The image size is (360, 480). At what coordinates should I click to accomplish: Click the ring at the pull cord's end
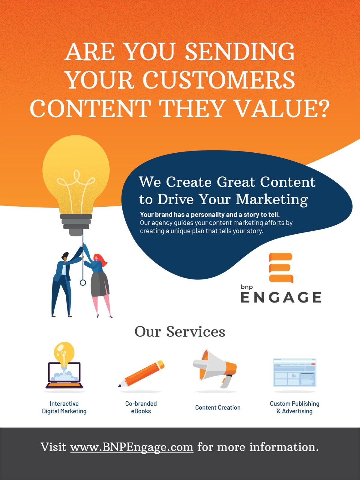(83, 283)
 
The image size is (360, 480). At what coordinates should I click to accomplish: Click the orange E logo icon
(281, 268)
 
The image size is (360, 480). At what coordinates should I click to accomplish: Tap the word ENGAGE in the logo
(281, 297)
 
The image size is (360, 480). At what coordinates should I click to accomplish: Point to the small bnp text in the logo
(247, 287)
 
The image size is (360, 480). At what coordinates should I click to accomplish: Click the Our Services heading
(180, 331)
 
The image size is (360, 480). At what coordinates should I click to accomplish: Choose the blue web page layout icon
(295, 373)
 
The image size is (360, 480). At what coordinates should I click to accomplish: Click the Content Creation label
(218, 407)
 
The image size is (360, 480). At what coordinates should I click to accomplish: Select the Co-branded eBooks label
(141, 407)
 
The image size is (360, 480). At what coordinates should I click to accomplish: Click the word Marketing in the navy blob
(272, 199)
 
